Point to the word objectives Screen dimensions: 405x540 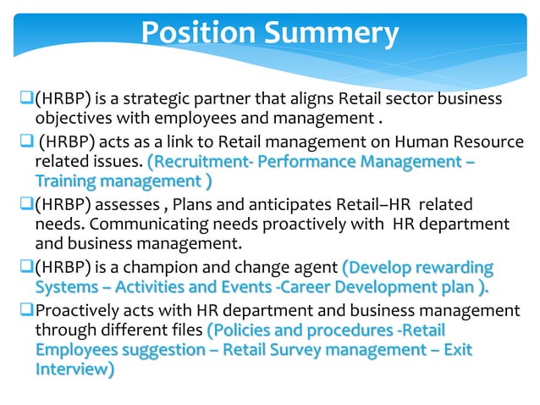click(72, 119)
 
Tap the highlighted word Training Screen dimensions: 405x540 click(66, 180)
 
